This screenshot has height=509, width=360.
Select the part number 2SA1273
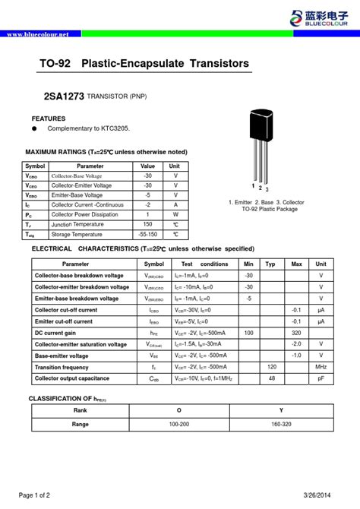click(63, 96)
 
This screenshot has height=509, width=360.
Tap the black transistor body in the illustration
click(260, 125)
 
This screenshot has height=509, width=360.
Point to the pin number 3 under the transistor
click(267, 189)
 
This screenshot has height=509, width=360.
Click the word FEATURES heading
click(49, 119)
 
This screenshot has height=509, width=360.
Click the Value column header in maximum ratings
click(147, 166)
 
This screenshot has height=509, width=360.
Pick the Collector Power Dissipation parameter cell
click(84, 215)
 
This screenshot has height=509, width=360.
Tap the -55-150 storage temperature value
click(147, 235)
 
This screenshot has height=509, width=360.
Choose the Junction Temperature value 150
click(147, 225)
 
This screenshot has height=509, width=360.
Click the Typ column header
click(270, 264)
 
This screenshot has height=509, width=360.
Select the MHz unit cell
click(321, 367)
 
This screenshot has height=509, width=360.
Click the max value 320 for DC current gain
click(296, 333)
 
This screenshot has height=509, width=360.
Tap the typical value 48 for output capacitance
click(270, 378)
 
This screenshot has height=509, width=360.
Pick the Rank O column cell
click(179, 409)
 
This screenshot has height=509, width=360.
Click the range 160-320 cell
click(281, 424)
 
